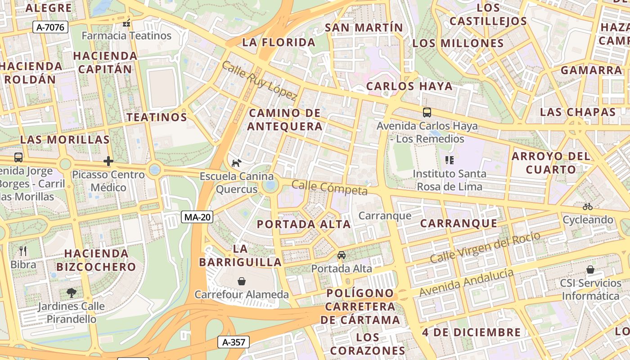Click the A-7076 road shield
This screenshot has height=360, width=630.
pyautogui.click(x=50, y=27)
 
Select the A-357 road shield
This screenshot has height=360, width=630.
pyautogui.click(x=234, y=342)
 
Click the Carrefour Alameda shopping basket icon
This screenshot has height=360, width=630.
pyautogui.click(x=242, y=281)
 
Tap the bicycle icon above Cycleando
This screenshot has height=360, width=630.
pyautogui.click(x=588, y=207)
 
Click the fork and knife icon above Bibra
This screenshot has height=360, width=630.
pyautogui.click(x=23, y=251)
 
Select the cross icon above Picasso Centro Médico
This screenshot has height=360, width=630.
pyautogui.click(x=108, y=161)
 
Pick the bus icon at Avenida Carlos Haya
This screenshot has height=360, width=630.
pyautogui.click(x=427, y=112)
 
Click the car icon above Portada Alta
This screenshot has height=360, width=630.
pyautogui.click(x=342, y=255)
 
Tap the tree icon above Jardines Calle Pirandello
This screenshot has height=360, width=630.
pyautogui.click(x=71, y=293)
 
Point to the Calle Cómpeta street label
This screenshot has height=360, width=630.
pyautogui.click(x=329, y=187)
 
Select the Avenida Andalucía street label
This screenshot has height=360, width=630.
pyautogui.click(x=466, y=282)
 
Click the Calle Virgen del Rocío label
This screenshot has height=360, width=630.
pyautogui.click(x=485, y=248)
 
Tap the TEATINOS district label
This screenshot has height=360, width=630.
pyautogui.click(x=157, y=117)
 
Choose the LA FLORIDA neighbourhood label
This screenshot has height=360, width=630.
pyautogui.click(x=279, y=43)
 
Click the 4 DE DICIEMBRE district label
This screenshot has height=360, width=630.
pyautogui.click(x=471, y=333)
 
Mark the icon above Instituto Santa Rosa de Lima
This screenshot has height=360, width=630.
pyautogui.click(x=449, y=160)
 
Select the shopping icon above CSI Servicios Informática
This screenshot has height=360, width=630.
pyautogui.click(x=590, y=270)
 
